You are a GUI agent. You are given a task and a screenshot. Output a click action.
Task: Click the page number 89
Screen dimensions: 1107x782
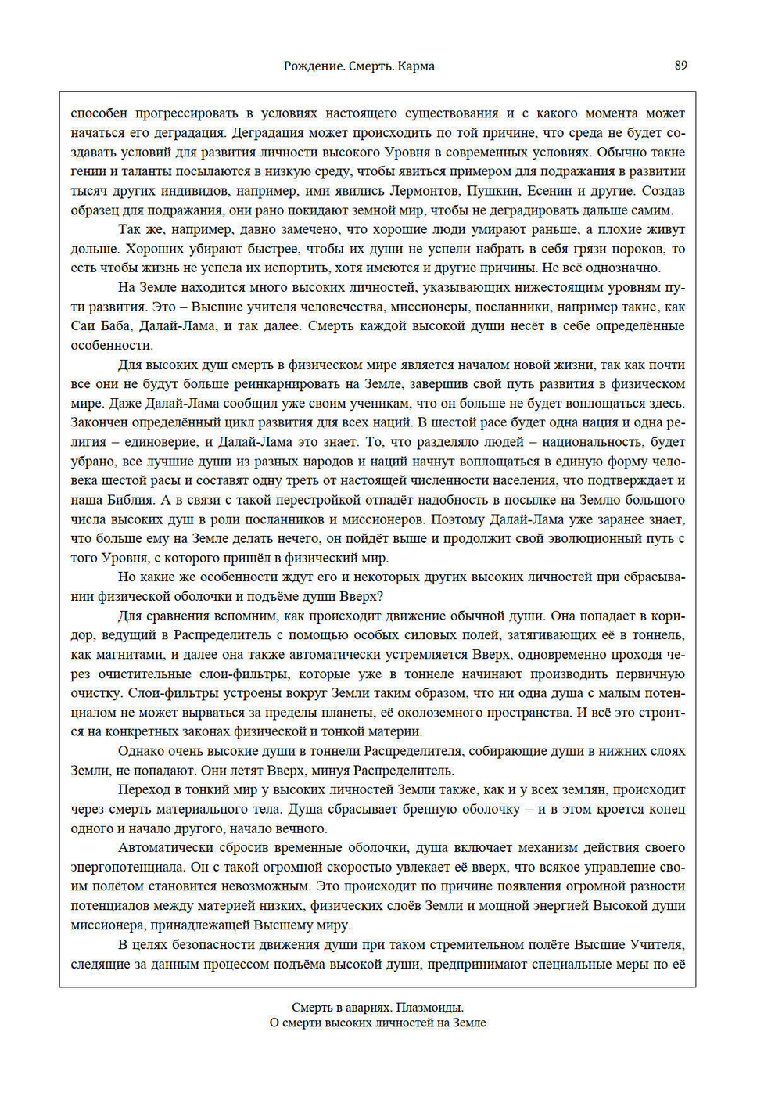(x=680, y=66)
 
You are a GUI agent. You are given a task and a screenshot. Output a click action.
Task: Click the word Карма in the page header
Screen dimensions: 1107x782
(x=416, y=66)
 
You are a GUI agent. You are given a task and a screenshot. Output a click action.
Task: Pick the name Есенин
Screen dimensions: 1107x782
(x=552, y=191)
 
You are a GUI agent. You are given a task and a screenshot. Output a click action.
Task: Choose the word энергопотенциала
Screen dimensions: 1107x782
(x=130, y=867)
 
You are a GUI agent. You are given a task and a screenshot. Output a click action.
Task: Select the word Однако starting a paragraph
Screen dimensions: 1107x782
(x=141, y=751)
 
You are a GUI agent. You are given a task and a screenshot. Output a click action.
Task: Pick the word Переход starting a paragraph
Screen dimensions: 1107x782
(x=143, y=789)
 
